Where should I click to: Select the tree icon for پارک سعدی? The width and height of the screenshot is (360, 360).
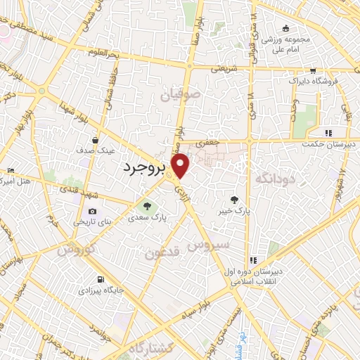click(148, 206)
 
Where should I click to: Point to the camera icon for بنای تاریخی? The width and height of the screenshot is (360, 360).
click(92, 211)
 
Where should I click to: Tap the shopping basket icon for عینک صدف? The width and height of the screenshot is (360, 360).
click(94, 140)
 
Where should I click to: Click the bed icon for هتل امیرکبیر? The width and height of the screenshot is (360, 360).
click(10, 171)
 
